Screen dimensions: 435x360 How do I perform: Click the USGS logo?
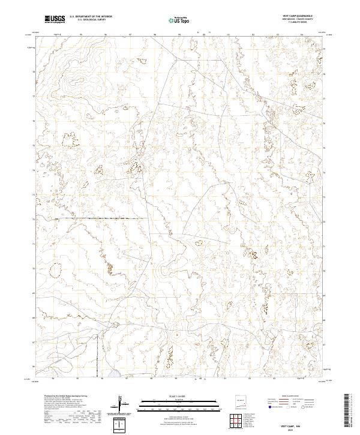coord(55,20)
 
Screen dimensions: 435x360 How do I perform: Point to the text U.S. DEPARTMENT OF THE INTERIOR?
coord(91,17)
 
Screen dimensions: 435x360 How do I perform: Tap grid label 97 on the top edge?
coord(130,34)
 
